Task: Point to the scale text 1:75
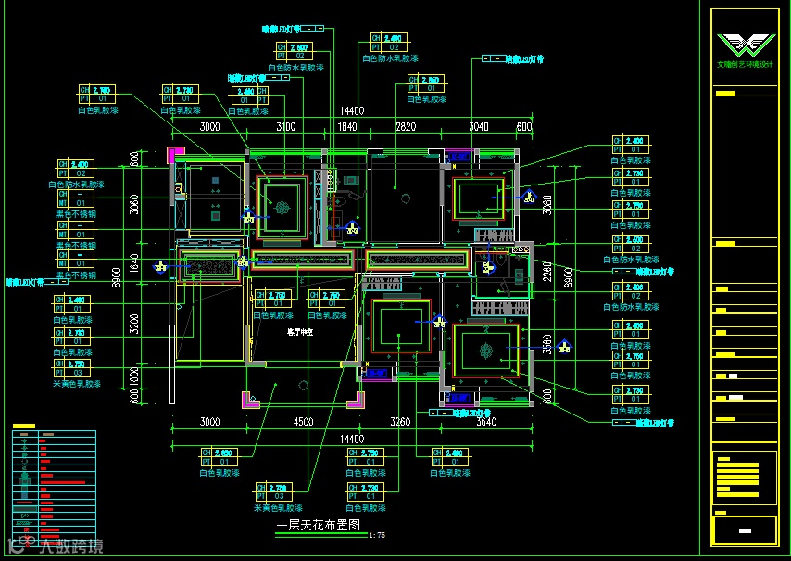(377, 535)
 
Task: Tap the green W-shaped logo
(745, 45)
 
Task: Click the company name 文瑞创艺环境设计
(745, 65)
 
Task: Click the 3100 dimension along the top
(285, 126)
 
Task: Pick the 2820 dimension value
(406, 126)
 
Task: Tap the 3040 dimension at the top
(478, 126)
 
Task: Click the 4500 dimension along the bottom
(302, 422)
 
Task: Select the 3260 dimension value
(400, 422)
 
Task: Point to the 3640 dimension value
(485, 422)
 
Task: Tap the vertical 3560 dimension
(546, 344)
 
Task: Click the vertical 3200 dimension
(133, 324)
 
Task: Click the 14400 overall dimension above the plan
(351, 111)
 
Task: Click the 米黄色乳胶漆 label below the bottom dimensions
(278, 508)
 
